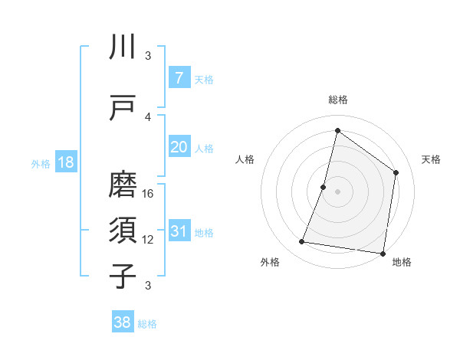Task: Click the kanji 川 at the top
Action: [x=123, y=47]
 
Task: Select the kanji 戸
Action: [x=123, y=108]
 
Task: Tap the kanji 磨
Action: [x=123, y=185]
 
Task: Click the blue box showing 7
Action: [x=179, y=78]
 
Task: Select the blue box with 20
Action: [x=179, y=147]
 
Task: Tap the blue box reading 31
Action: [x=179, y=231]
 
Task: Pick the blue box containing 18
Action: [x=65, y=162]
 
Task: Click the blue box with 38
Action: [x=123, y=322]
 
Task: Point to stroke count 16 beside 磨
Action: [x=149, y=193]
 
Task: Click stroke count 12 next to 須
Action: [x=149, y=240]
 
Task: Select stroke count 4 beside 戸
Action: [x=149, y=117]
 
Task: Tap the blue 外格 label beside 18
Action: [x=40, y=163]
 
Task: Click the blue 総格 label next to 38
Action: [x=147, y=324]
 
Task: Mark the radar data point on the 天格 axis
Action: [x=396, y=172]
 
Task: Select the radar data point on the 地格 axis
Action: [x=383, y=253]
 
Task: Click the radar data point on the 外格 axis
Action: [x=302, y=242]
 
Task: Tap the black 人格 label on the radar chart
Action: [x=245, y=159]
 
